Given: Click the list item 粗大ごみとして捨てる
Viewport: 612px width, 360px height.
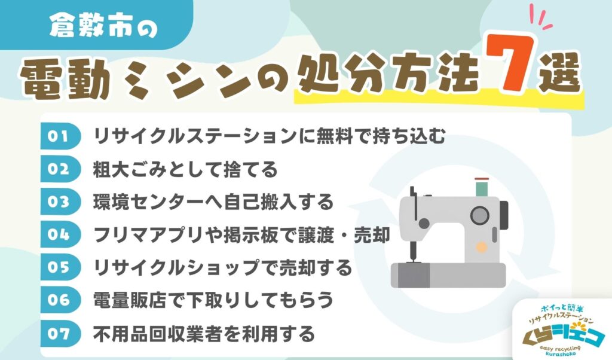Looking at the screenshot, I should [186, 170].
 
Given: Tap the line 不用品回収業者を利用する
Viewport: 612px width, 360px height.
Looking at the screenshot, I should [204, 332].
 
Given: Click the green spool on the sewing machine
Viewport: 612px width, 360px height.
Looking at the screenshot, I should [481, 188].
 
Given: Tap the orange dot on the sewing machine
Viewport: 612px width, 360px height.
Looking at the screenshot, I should [480, 246].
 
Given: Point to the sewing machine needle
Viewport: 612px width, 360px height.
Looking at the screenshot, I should [411, 251].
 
